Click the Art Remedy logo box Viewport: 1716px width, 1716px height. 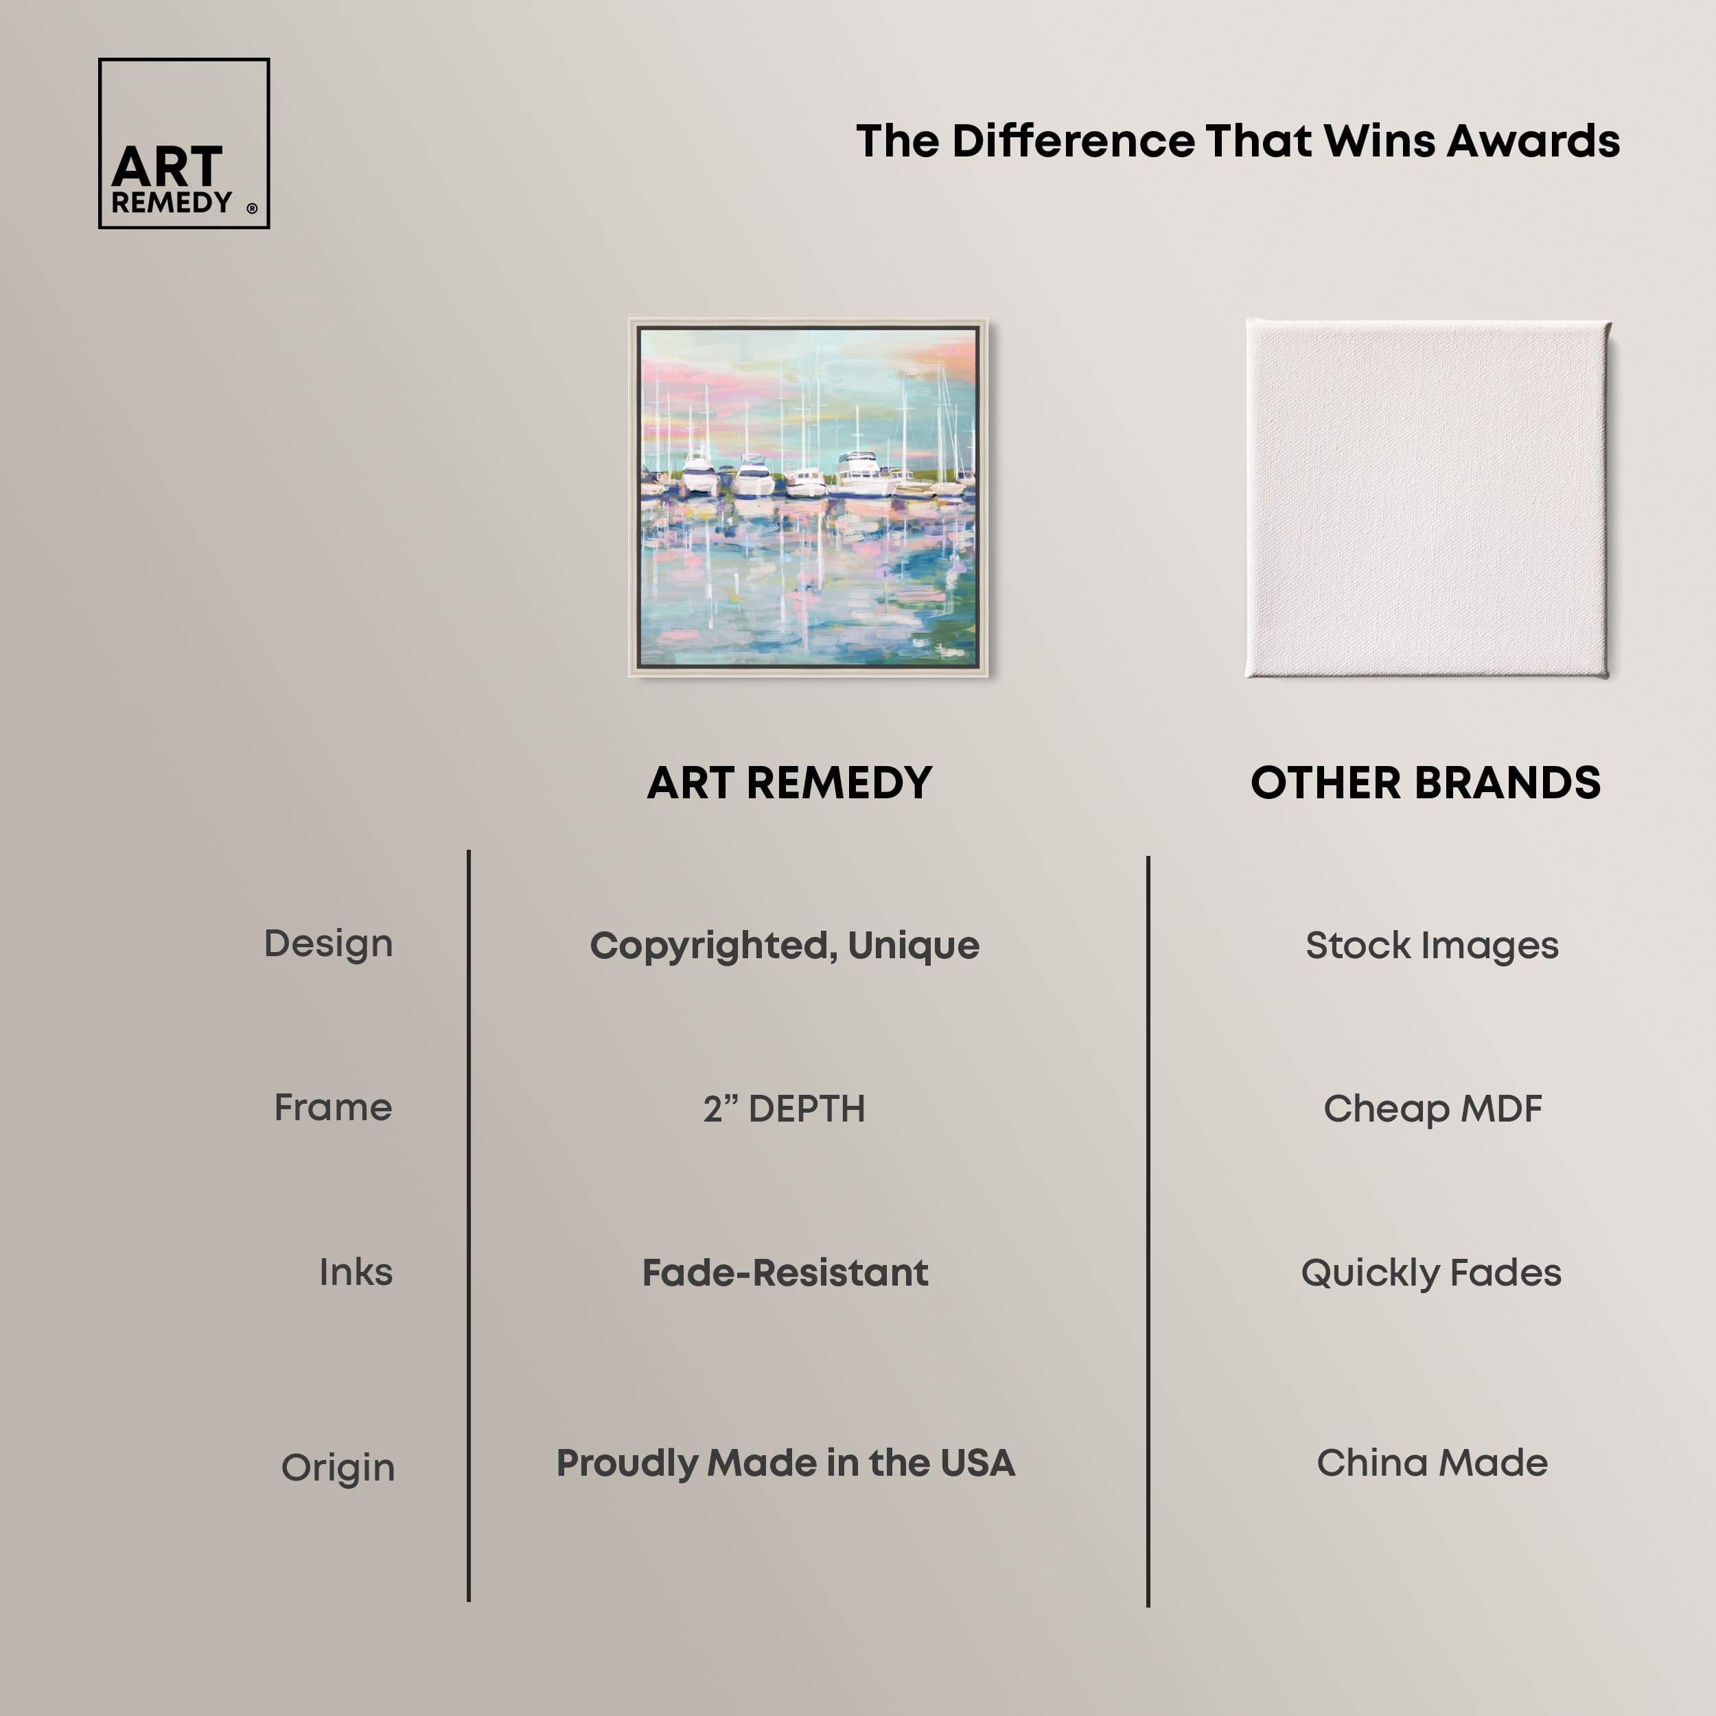pos(184,143)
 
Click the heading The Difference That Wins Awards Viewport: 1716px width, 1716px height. pos(1238,141)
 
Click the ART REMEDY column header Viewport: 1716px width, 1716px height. pos(789,782)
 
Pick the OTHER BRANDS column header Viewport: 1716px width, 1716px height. pos(1425,782)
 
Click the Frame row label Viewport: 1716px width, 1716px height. pos(332,1108)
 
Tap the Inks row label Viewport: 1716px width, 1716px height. pos(356,1272)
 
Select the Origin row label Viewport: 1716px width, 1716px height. pos(338,1468)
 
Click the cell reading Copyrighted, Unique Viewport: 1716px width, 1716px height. pos(785,946)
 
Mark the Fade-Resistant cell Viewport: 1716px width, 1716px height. pos(785,1273)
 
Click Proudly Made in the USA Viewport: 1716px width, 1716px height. pos(785,1463)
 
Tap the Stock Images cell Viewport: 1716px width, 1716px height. pos(1432,946)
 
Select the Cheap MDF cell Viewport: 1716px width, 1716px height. pos(1432,1109)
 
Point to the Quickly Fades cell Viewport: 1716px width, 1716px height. pos(1431,1273)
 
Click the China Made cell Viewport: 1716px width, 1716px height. pos(1432,1463)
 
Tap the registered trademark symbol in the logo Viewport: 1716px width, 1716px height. pos(252,209)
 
